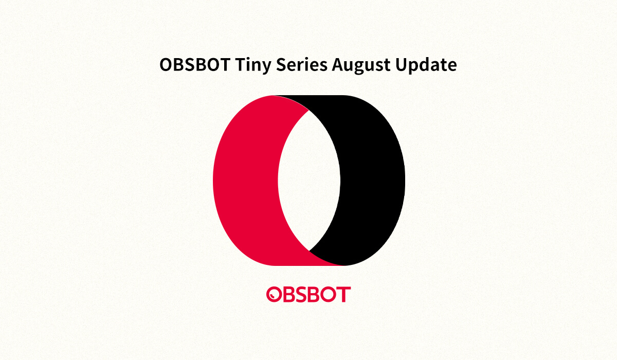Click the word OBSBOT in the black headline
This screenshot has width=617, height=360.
click(x=195, y=64)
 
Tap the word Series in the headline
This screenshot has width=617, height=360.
click(x=302, y=64)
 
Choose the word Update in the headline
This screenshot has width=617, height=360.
click(x=426, y=65)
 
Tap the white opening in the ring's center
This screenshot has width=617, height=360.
click(x=309, y=181)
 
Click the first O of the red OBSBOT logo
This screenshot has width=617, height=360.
click(x=274, y=294)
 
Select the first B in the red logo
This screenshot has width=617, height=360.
click(x=289, y=294)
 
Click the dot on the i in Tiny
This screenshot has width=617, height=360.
click(x=249, y=58)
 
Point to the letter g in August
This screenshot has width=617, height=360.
click(x=364, y=68)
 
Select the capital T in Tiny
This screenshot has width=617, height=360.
click(x=241, y=64)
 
